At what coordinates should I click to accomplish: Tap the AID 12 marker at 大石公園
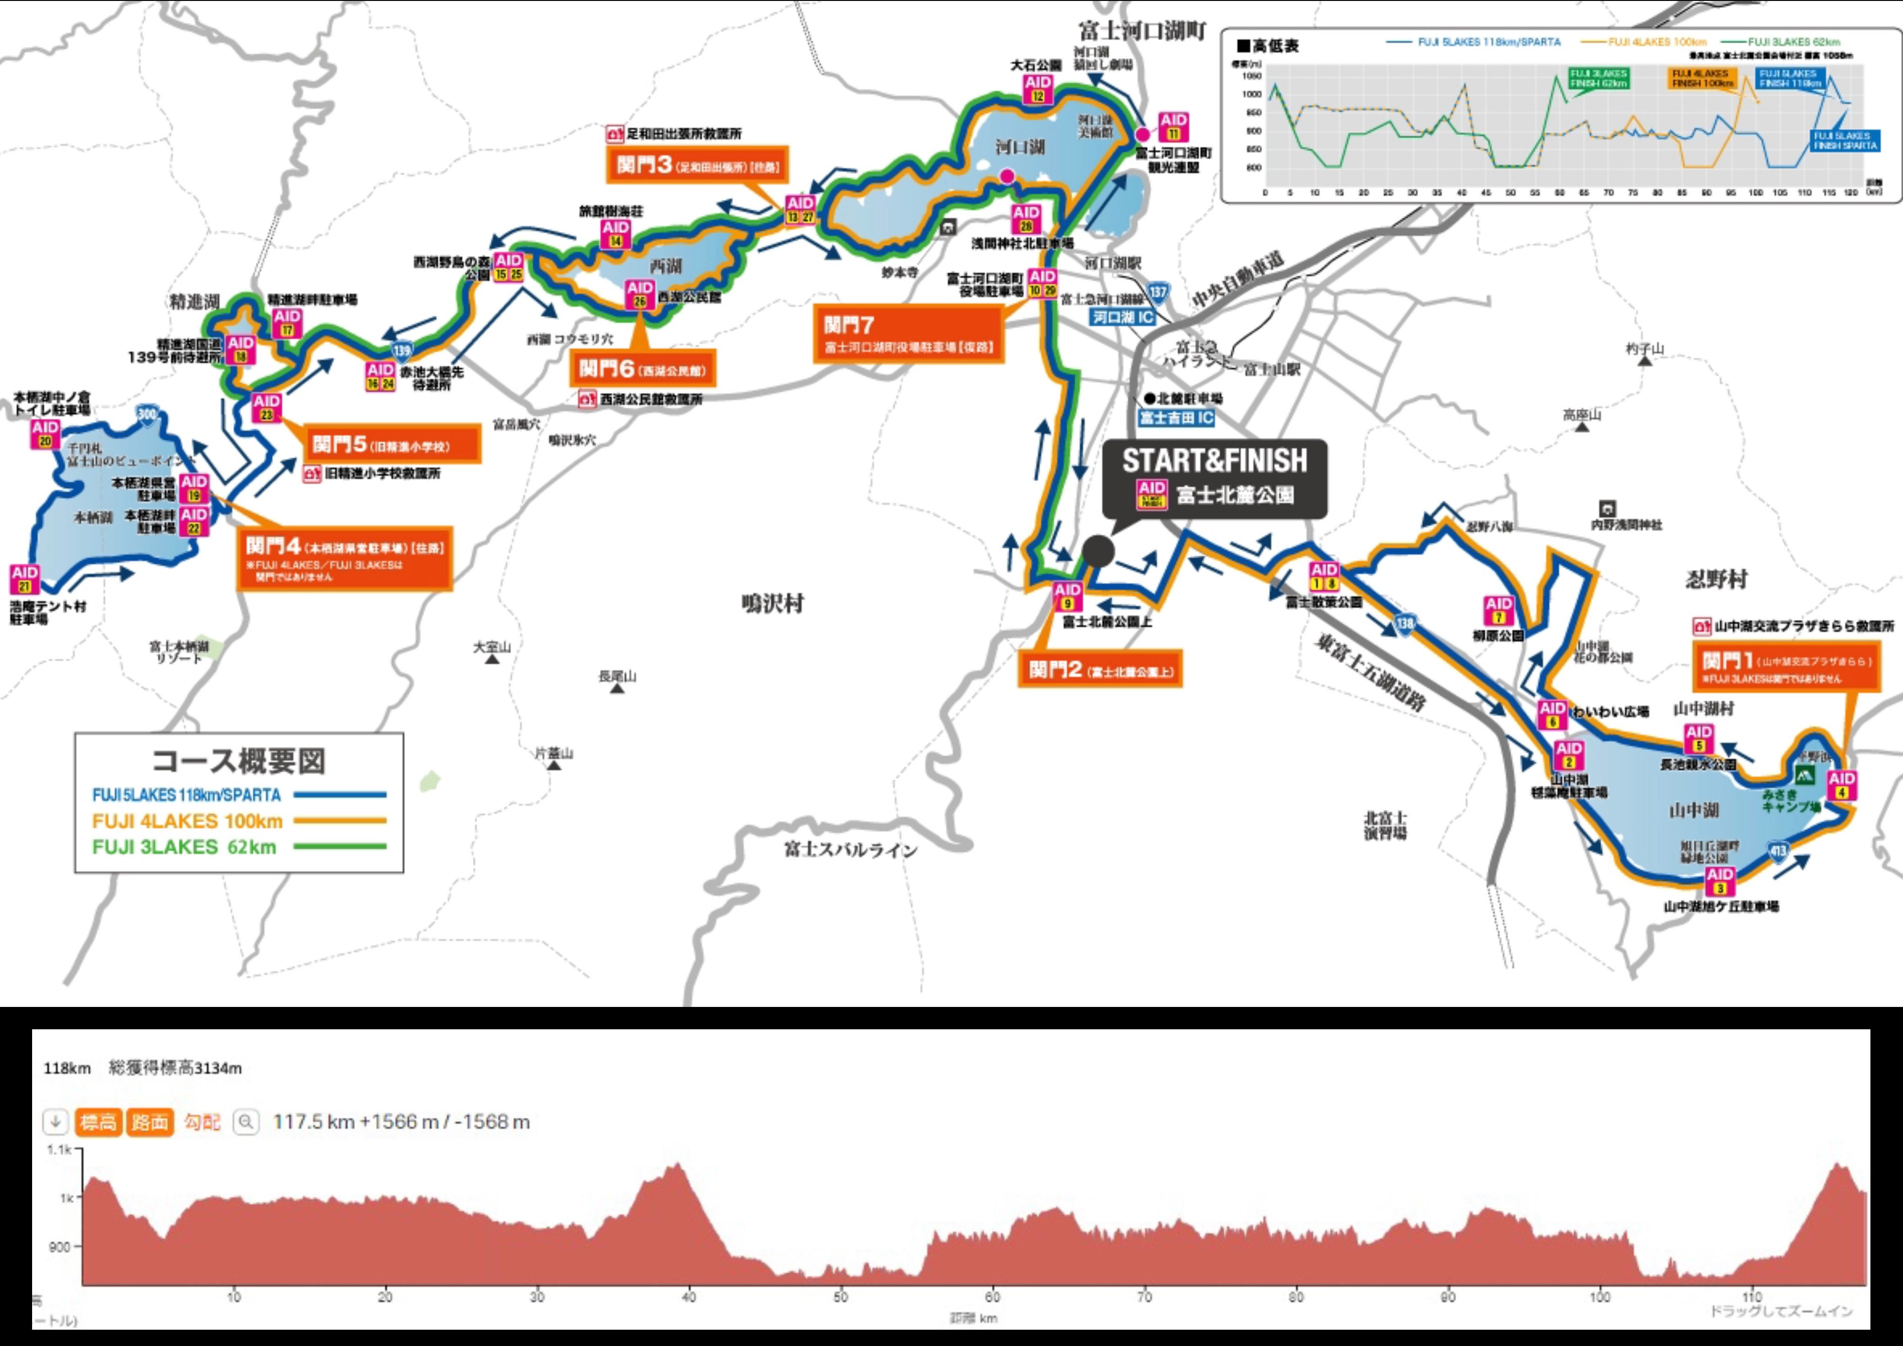click(x=1038, y=89)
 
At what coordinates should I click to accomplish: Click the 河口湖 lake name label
click(x=1020, y=148)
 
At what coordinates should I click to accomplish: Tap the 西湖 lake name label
click(x=666, y=266)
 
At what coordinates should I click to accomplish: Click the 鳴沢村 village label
click(x=773, y=604)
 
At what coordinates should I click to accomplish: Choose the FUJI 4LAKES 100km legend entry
click(x=187, y=821)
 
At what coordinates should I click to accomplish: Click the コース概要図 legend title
click(x=239, y=760)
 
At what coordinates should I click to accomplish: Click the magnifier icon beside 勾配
click(x=245, y=1122)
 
